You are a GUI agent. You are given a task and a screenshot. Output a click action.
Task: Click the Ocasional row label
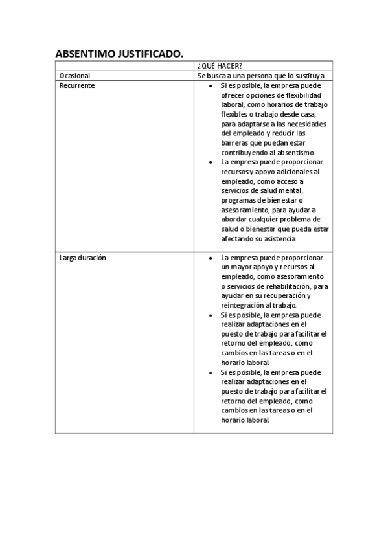(x=74, y=76)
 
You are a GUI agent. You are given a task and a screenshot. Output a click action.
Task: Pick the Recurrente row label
(x=77, y=85)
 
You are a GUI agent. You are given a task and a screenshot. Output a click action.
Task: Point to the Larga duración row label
(x=82, y=258)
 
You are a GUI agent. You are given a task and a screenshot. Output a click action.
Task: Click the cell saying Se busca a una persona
(x=264, y=76)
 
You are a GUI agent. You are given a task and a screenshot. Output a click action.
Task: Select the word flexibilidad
(x=304, y=95)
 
